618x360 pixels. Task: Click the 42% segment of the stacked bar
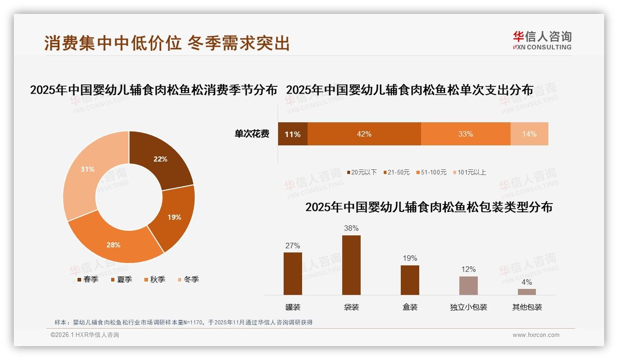click(x=364, y=134)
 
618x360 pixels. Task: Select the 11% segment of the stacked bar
click(x=292, y=134)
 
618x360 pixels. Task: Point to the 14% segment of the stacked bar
click(x=529, y=134)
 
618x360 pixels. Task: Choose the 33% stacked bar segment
click(x=465, y=134)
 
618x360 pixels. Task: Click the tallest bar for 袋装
click(x=351, y=265)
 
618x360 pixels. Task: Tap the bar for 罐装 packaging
click(x=293, y=274)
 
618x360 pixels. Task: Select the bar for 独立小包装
click(x=469, y=286)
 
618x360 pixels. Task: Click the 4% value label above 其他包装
click(x=527, y=282)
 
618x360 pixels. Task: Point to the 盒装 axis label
click(x=410, y=307)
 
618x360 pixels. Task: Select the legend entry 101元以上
click(x=470, y=172)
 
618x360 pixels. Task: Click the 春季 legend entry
click(x=87, y=279)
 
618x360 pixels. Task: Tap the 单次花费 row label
click(x=252, y=134)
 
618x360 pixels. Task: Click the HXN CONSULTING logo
click(x=542, y=41)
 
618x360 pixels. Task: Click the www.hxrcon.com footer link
click(x=536, y=335)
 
